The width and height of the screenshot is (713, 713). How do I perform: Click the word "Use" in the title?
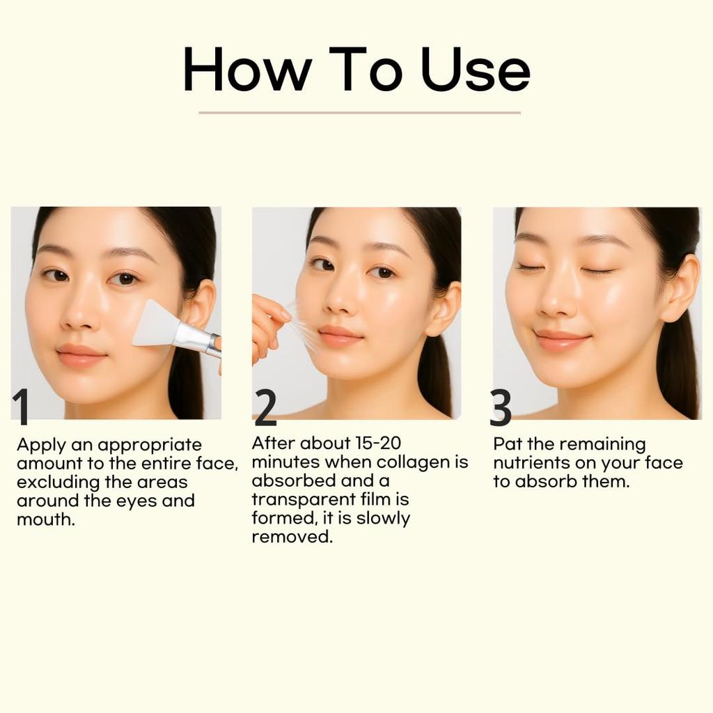point(476,70)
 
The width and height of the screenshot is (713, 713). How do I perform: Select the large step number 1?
point(22,407)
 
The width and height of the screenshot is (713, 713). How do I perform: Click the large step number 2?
point(265,408)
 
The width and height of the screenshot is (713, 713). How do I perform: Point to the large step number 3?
point(501,408)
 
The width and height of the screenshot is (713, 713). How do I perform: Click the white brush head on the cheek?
point(155,324)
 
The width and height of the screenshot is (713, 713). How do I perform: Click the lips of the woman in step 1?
point(81,354)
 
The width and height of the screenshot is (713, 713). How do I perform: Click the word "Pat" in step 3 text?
point(508,444)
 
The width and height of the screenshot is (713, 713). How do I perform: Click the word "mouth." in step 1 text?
point(45,519)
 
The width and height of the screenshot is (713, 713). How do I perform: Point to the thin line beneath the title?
point(359,112)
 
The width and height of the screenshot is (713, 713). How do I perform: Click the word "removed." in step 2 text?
point(292,537)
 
